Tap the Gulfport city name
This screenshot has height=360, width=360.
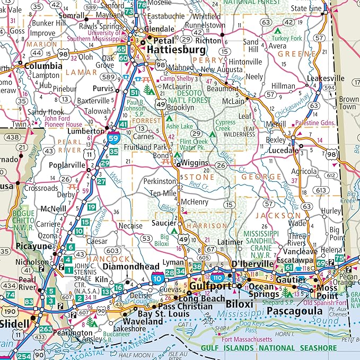coord(210,287)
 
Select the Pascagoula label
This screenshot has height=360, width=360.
coord(298,311)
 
